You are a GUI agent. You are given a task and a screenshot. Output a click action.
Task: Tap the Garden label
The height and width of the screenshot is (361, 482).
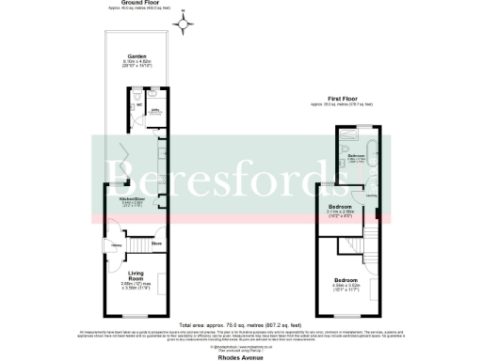pyautogui.click(x=137, y=57)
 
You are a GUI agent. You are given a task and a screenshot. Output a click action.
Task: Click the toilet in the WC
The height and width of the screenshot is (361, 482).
pyautogui.click(x=137, y=95)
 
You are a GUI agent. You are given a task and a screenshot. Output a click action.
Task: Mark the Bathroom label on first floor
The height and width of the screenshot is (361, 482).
pyautogui.click(x=356, y=153)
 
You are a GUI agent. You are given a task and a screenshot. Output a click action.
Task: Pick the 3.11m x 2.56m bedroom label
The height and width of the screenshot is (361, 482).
pyautogui.click(x=341, y=209)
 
